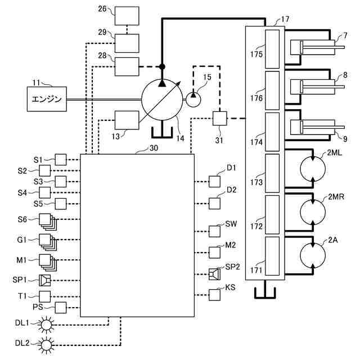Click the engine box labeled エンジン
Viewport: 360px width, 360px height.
47,99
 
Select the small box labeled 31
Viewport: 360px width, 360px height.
220,119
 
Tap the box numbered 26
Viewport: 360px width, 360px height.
127,16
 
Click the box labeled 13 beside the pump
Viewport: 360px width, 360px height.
127,120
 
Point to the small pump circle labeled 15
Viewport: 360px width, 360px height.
193,100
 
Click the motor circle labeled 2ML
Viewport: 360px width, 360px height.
313,169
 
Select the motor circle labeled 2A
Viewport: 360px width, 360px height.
313,255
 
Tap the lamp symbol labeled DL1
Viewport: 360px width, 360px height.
46,325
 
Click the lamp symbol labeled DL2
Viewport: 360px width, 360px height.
46,345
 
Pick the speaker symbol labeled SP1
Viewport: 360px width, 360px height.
45,280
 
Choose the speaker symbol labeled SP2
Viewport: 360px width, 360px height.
215,274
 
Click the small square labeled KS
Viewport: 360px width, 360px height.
215,295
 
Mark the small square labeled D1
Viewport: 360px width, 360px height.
215,182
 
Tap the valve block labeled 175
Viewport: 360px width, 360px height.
272,49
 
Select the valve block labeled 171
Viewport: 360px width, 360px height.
272,256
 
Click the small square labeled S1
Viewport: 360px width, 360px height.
61,160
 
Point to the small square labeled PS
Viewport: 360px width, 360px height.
61,308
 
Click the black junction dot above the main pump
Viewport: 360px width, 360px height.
162,67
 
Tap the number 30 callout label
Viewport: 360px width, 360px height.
154,148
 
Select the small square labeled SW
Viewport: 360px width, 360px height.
215,231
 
